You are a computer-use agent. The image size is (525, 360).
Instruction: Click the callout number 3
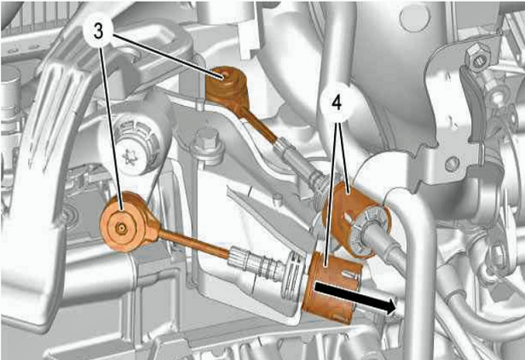[98, 31]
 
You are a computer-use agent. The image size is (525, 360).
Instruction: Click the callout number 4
[337, 103]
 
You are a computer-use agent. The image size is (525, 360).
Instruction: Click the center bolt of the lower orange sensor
[121, 229]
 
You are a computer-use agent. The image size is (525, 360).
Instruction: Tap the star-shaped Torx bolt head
[130, 158]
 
